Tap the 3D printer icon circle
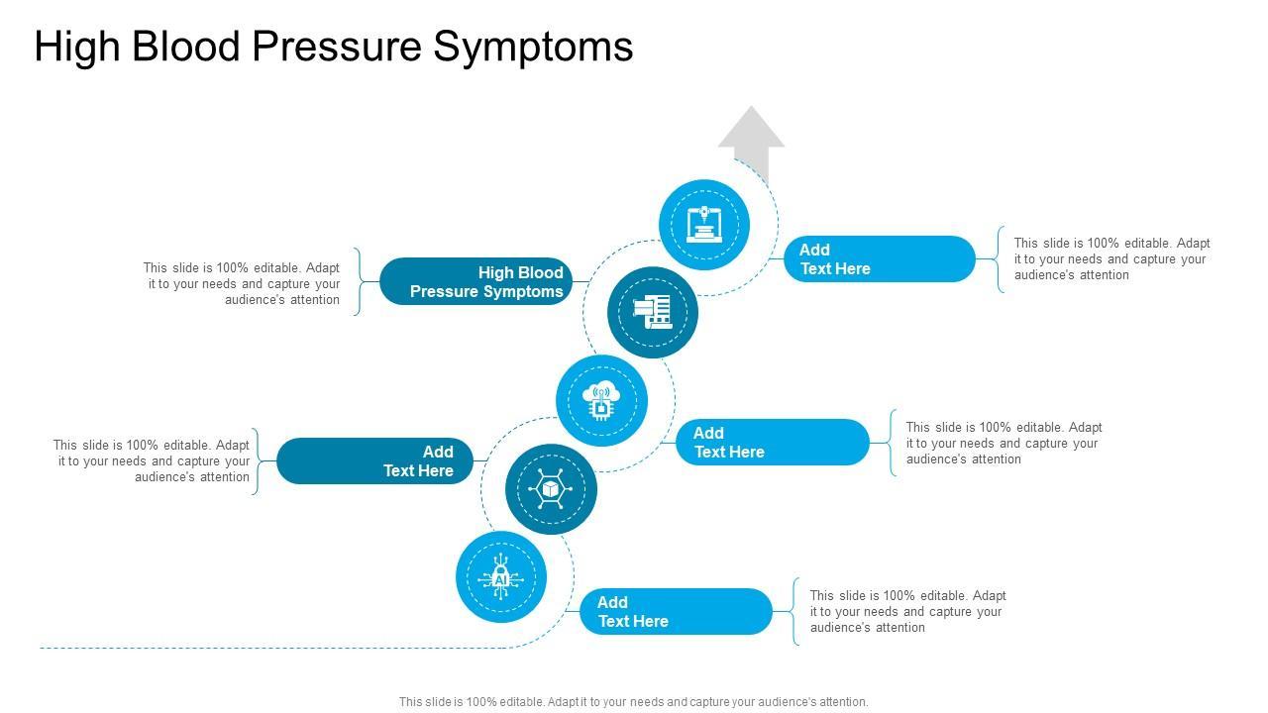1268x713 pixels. (x=704, y=225)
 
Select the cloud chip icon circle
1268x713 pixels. (x=601, y=401)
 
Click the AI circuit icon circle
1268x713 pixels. (x=501, y=577)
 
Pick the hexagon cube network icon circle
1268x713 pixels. (x=551, y=489)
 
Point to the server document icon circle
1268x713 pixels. (x=653, y=313)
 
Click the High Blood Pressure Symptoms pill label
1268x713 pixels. (x=476, y=281)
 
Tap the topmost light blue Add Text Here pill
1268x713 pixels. (x=880, y=259)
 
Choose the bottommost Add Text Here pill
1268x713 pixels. (x=676, y=611)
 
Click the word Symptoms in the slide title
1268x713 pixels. (x=534, y=47)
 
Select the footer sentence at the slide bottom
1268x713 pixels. (x=634, y=702)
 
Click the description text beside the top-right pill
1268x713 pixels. (x=1111, y=258)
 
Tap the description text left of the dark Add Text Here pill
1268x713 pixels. (x=152, y=461)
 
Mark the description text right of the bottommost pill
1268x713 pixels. (x=907, y=611)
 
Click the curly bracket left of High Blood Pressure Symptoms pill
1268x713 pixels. (x=358, y=281)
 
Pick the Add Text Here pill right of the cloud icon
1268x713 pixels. (x=773, y=442)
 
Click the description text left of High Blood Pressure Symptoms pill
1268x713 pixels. (x=242, y=283)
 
